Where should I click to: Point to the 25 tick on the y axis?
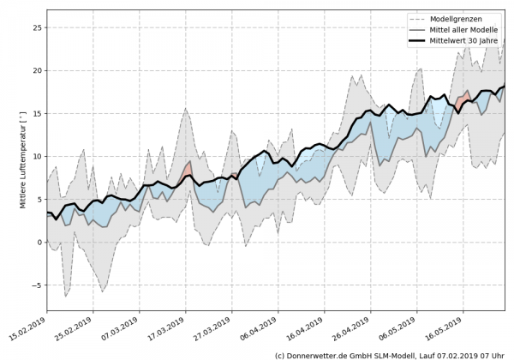tap(38, 27)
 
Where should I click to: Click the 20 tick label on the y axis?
tap(38, 70)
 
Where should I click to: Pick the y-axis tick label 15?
tap(38, 113)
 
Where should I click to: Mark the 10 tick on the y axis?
tap(38, 156)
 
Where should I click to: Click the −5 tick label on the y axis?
tap(38, 285)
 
